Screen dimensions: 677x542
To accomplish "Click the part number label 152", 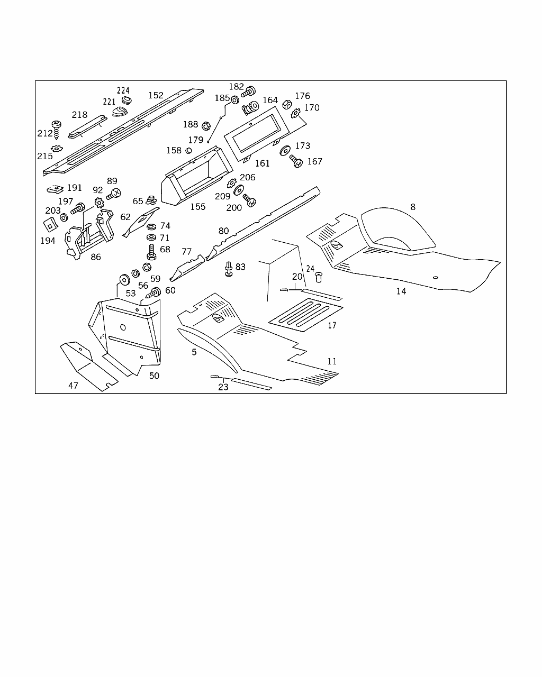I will [x=156, y=96].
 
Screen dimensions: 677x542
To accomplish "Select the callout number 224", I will [x=123, y=90].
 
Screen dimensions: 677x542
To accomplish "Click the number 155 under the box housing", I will [x=197, y=207].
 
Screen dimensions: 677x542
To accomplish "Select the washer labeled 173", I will [x=285, y=150].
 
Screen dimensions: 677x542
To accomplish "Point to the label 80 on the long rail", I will [x=223, y=231].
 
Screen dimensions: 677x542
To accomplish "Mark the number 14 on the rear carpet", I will [x=401, y=291].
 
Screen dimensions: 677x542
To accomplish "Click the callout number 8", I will [x=413, y=207].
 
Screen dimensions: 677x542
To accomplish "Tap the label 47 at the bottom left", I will [x=73, y=386].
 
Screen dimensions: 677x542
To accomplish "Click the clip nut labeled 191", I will [x=55, y=188].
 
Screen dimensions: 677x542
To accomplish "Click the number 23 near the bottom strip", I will [x=223, y=387].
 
